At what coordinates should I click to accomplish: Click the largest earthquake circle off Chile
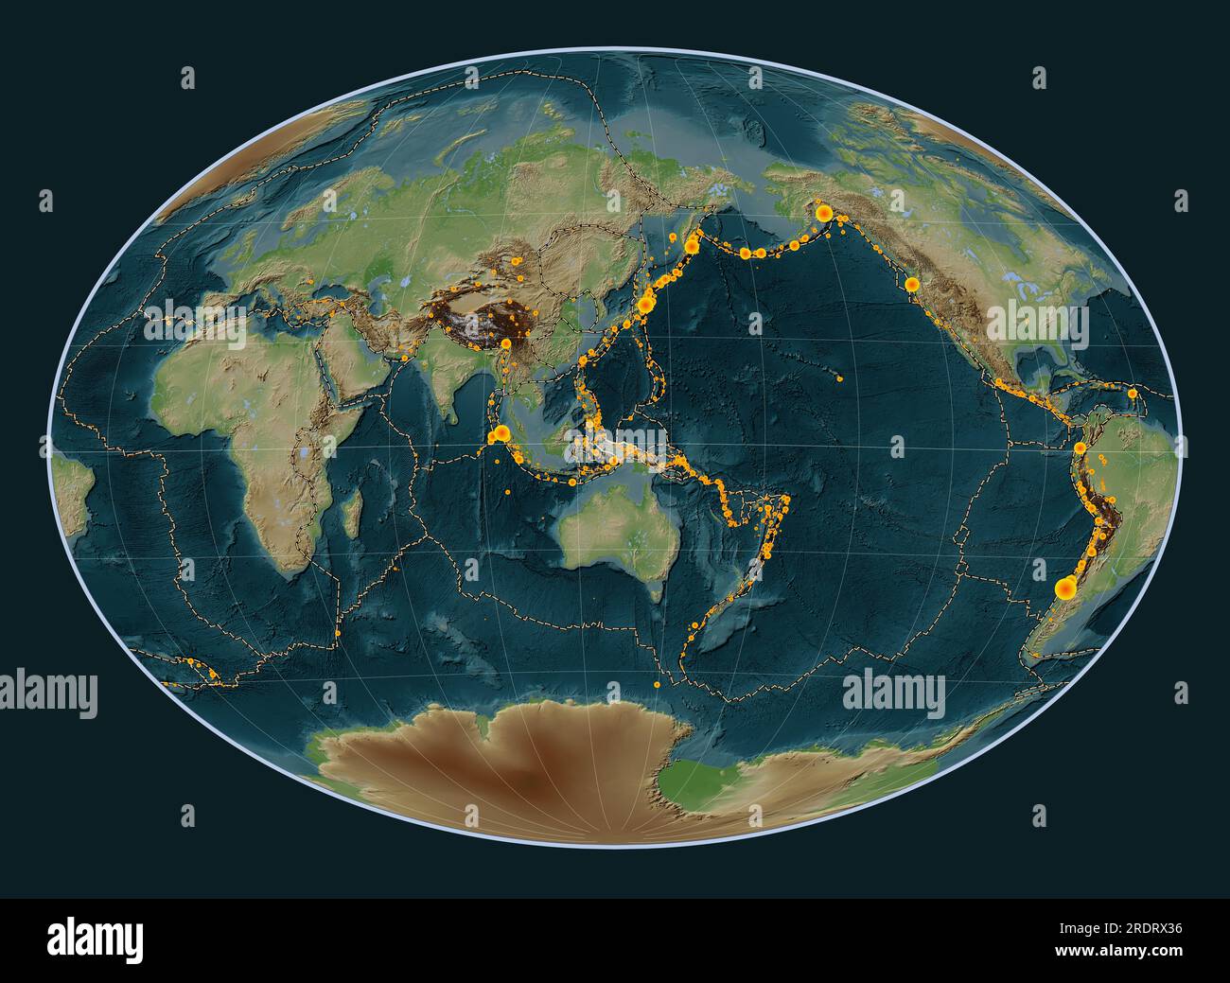click(1064, 588)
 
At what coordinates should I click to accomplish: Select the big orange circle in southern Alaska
click(824, 212)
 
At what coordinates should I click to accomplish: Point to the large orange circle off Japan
click(647, 304)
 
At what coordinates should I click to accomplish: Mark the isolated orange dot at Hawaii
click(840, 379)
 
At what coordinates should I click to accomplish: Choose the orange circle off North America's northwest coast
click(911, 283)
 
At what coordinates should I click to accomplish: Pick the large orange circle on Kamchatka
click(692, 246)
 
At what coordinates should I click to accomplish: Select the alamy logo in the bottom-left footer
click(95, 939)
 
